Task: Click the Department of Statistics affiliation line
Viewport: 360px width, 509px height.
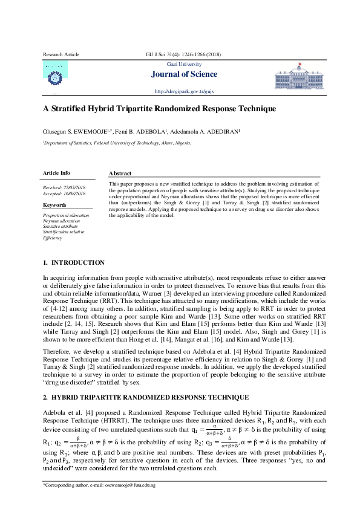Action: tap(117, 143)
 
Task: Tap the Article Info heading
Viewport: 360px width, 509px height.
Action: tap(56, 173)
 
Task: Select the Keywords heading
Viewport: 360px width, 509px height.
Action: tap(54, 205)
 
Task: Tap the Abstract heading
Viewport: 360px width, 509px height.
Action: tap(120, 173)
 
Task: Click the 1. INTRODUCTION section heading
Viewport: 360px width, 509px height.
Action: tap(74, 262)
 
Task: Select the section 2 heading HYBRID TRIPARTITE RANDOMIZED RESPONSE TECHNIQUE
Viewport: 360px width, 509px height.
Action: tap(149, 397)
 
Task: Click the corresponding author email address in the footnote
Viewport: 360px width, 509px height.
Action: tap(128, 485)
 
